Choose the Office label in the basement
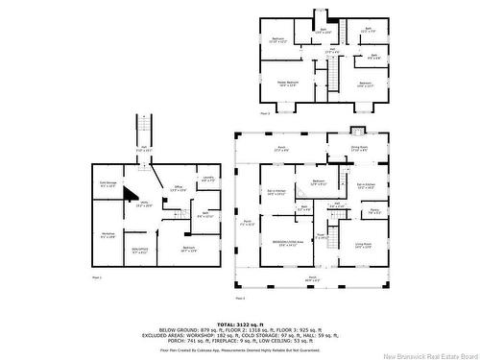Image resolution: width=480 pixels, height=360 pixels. click(178, 188)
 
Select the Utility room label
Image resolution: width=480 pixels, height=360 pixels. click(145, 204)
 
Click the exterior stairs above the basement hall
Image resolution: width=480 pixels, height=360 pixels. click(144, 128)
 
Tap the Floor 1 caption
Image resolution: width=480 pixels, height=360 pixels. click(96, 277)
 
